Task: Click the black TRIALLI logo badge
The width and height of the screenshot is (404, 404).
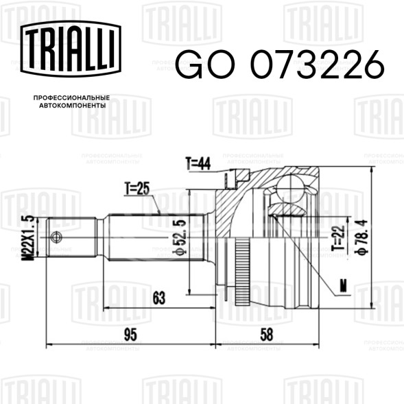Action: click(x=71, y=49)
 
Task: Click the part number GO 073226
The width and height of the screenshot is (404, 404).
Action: click(x=280, y=64)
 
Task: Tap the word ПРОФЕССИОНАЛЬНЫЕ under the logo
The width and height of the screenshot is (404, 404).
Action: click(x=71, y=98)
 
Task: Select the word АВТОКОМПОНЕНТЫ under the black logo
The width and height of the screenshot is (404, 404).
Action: click(x=73, y=106)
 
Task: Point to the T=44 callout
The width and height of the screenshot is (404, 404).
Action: click(x=198, y=163)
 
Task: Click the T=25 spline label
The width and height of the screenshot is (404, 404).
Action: click(x=137, y=189)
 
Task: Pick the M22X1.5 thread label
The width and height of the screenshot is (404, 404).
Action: click(x=28, y=238)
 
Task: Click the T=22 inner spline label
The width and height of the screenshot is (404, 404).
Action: click(x=339, y=238)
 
